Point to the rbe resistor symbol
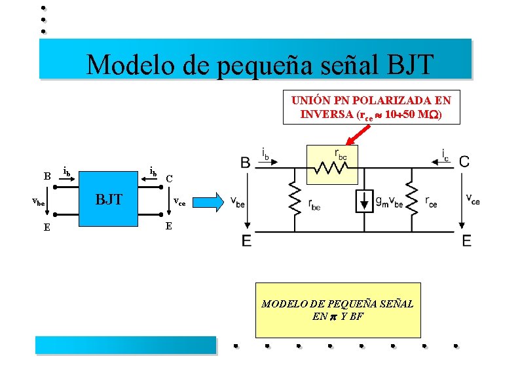295,198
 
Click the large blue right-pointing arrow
212,201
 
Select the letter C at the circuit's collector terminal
464,161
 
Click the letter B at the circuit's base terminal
245,162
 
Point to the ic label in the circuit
445,155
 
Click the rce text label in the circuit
431,203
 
